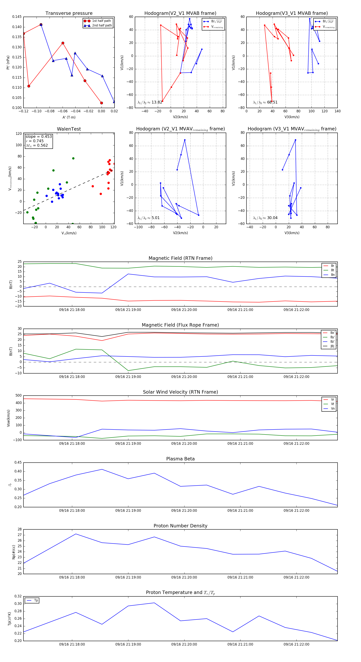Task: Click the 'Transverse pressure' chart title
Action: pyautogui.click(x=69, y=13)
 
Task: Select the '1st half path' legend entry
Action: pyautogui.click(x=101, y=21)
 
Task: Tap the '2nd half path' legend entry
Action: pyautogui.click(x=102, y=25)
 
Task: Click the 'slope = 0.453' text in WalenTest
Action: pyautogui.click(x=39, y=136)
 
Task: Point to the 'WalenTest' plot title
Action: pyautogui.click(x=69, y=129)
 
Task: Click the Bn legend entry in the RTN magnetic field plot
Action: pyautogui.click(x=333, y=275)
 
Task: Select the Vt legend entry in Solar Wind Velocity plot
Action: pyautogui.click(x=333, y=404)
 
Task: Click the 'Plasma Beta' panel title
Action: pyautogui.click(x=180, y=459)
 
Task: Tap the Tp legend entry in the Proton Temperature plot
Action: pyautogui.click(x=36, y=600)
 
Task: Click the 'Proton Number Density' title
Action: pyautogui.click(x=180, y=526)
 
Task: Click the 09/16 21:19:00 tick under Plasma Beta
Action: pyautogui.click(x=128, y=510)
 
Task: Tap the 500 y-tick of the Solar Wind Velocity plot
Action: pyautogui.click(x=18, y=396)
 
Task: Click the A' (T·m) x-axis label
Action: pyautogui.click(x=69, y=117)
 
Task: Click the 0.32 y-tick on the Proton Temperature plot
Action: pyautogui.click(x=18, y=596)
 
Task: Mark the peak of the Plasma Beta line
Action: pyautogui.click(x=102, y=469)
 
